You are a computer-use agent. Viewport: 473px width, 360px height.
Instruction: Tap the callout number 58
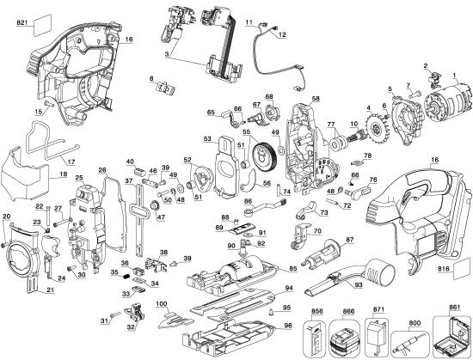click(x=316, y=100)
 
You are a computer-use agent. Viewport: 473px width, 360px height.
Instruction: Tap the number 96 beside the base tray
click(x=289, y=326)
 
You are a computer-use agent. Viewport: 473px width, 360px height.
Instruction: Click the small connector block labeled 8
click(x=165, y=88)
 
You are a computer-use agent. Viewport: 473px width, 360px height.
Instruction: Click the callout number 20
click(x=6, y=215)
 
